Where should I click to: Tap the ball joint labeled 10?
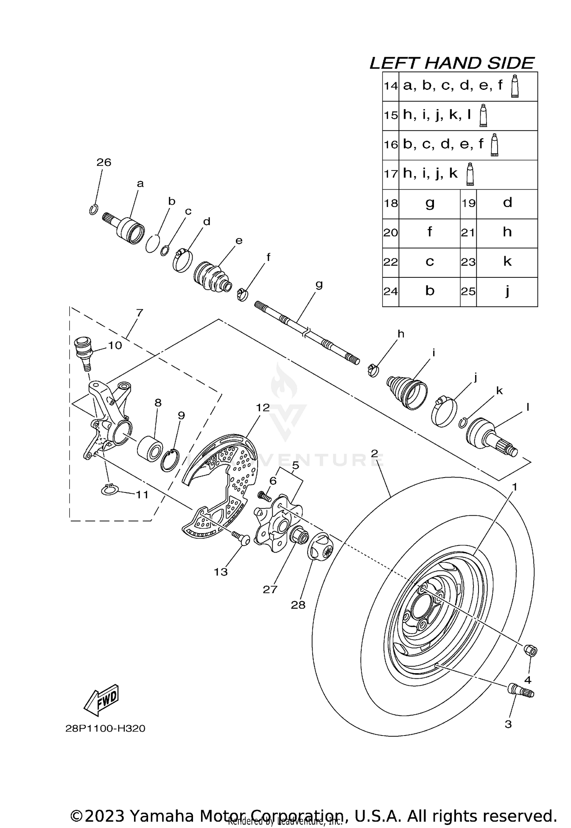(x=82, y=350)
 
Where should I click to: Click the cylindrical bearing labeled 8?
(x=150, y=449)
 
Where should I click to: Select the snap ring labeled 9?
(x=170, y=460)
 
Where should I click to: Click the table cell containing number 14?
(x=391, y=86)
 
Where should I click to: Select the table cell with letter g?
(x=429, y=204)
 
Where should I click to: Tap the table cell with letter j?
(x=507, y=292)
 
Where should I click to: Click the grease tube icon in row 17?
(x=471, y=174)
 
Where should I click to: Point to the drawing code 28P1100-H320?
(x=105, y=728)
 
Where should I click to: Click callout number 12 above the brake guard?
(x=263, y=408)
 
